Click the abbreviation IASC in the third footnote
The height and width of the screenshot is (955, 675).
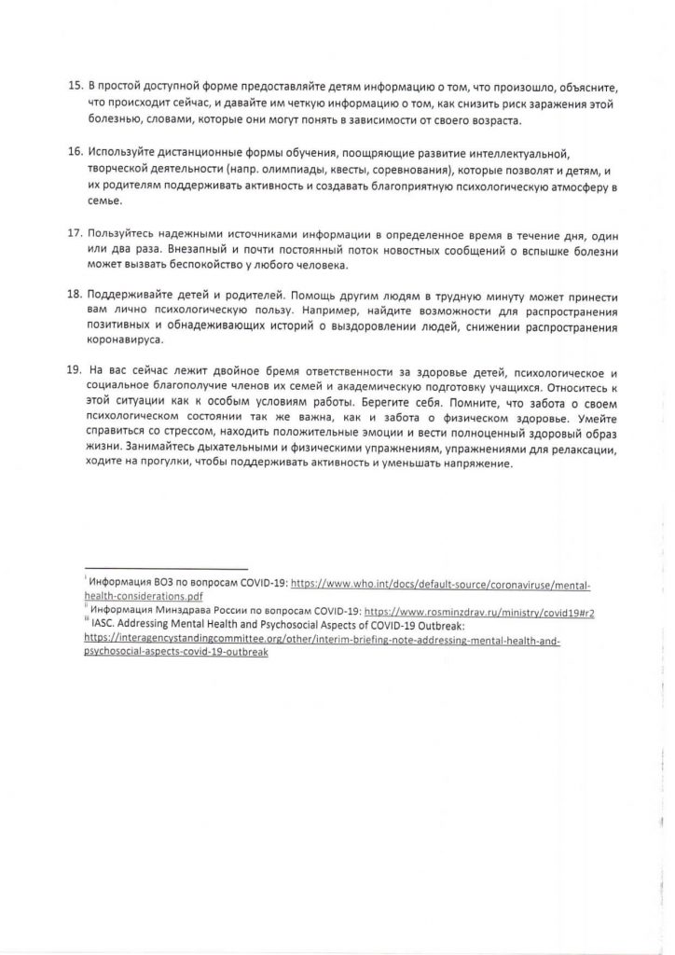(105, 626)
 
